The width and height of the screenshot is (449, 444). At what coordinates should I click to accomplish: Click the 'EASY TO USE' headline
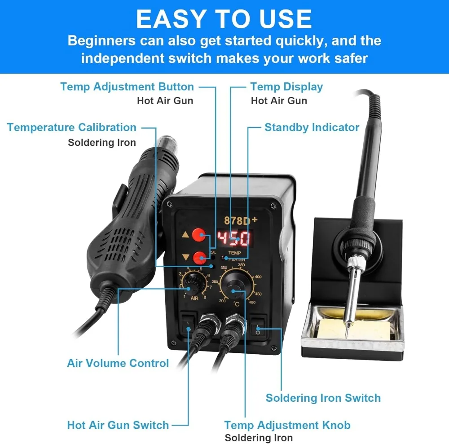coord(224,19)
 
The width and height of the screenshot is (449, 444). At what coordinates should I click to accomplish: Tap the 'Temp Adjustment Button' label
coord(127,87)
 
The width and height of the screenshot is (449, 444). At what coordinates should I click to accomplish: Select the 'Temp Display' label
coord(286,87)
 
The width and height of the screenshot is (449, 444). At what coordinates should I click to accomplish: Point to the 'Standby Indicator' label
coord(312,127)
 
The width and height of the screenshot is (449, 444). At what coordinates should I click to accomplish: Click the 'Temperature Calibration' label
coord(72,127)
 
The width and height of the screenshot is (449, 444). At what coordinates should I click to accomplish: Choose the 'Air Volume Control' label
coord(118,363)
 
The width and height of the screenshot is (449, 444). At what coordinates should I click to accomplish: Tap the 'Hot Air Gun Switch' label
coord(118,425)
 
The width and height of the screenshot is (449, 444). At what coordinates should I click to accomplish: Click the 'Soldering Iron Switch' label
coord(323,398)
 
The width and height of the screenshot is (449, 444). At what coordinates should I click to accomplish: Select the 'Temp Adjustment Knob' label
coord(287,425)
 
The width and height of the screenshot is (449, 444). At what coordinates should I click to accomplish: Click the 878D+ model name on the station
coord(240,220)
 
